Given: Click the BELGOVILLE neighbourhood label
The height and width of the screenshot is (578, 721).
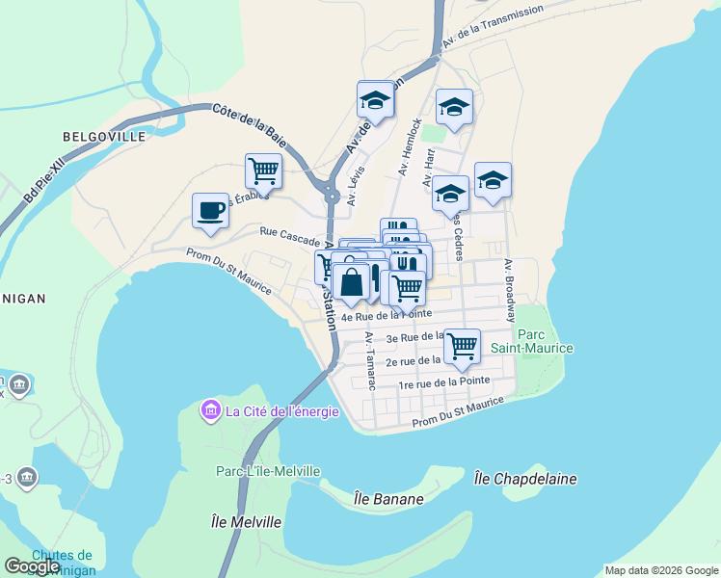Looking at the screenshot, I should (x=103, y=137).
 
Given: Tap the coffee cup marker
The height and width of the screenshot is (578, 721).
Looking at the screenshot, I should (x=210, y=210).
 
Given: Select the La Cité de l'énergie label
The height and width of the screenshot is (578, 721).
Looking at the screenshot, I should (x=281, y=412).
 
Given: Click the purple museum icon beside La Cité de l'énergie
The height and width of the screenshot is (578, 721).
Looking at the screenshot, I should (x=210, y=412).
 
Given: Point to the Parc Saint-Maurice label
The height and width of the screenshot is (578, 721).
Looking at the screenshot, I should (x=545, y=341).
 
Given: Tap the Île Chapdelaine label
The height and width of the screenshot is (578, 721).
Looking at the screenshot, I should (x=512, y=478).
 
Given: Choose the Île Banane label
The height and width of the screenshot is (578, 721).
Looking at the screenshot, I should (x=388, y=498).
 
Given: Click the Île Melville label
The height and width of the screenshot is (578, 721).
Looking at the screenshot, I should (x=246, y=522).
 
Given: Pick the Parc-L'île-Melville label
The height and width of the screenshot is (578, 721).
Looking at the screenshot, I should (x=267, y=471).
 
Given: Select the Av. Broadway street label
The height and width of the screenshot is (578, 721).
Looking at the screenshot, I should (x=509, y=290).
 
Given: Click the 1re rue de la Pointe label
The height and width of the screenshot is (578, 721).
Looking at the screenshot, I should (x=444, y=382).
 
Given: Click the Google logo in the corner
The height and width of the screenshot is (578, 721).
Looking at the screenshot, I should (x=33, y=566).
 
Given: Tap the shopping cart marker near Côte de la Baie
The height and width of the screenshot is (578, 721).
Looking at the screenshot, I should (x=263, y=171).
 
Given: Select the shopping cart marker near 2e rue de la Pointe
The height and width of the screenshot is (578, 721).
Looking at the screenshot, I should (x=462, y=345).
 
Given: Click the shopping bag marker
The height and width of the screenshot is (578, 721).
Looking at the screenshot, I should (x=352, y=282).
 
